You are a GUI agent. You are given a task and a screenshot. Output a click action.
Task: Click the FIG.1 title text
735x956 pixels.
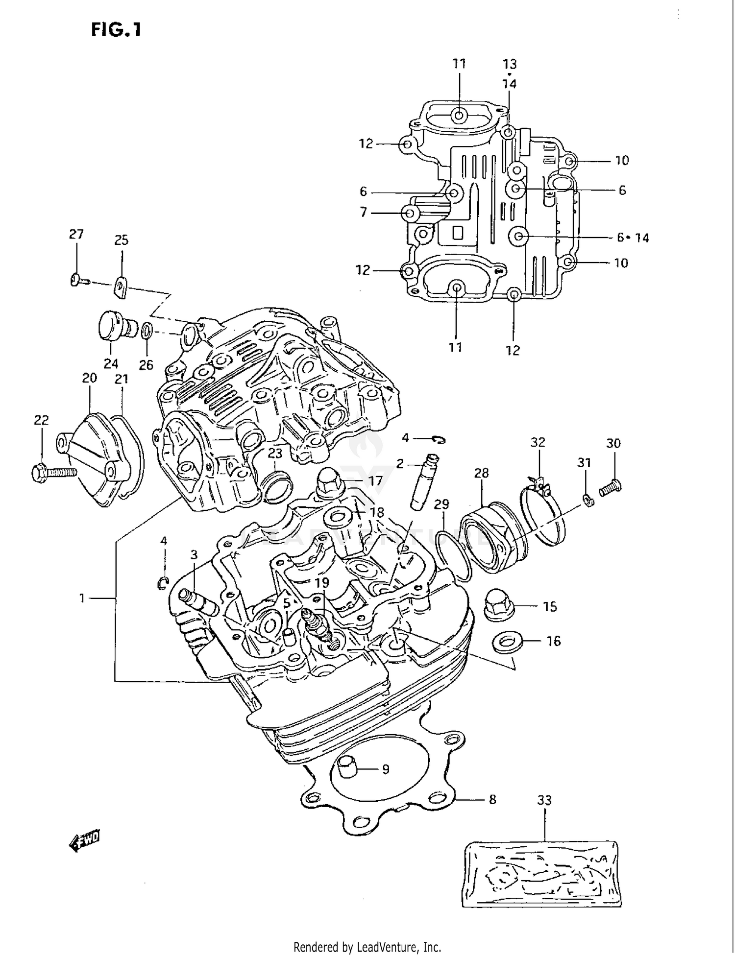pyautogui.click(x=116, y=30)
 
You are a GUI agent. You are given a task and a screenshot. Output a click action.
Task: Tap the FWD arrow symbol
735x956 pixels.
pyautogui.click(x=85, y=841)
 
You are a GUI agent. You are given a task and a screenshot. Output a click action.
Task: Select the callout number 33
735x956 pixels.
pyautogui.click(x=544, y=800)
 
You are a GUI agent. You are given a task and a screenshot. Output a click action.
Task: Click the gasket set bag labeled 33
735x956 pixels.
pyautogui.click(x=544, y=874)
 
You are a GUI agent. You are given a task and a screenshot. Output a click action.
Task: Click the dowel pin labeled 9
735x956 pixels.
pyautogui.click(x=348, y=766)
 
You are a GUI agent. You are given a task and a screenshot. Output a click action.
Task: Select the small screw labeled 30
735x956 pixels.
pyautogui.click(x=611, y=487)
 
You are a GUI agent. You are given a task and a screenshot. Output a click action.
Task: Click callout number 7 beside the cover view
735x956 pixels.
pyautogui.click(x=363, y=213)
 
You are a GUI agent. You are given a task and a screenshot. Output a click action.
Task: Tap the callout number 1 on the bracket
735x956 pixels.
pyautogui.click(x=82, y=597)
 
